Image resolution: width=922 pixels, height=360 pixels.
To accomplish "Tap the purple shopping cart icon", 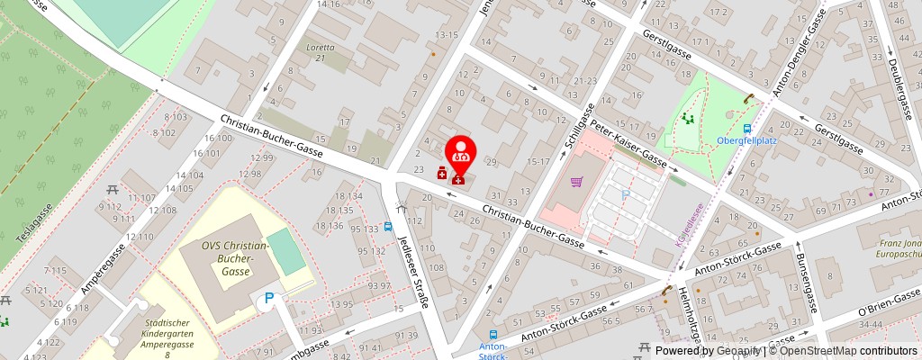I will (x=576, y=182).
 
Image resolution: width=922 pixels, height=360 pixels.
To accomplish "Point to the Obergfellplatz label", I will (x=747, y=140).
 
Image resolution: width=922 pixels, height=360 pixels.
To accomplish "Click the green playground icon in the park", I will (x=689, y=117).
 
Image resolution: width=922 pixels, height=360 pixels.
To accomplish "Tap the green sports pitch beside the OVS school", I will (x=287, y=252).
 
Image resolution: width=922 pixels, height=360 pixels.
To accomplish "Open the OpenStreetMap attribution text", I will (x=843, y=351).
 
